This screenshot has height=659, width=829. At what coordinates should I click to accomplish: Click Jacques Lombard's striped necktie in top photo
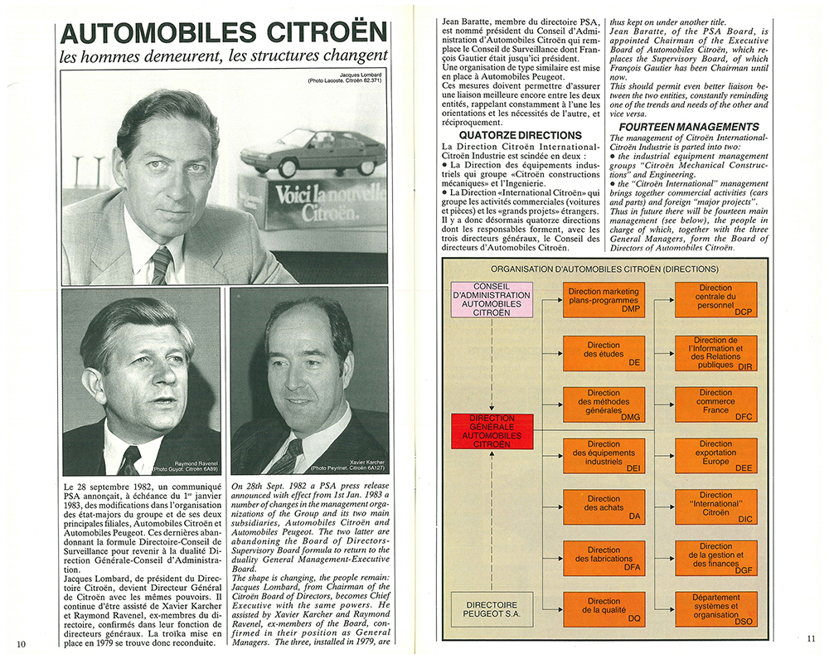pyautogui.click(x=161, y=264)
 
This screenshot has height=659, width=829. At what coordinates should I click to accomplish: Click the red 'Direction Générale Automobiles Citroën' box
pyautogui.click(x=492, y=431)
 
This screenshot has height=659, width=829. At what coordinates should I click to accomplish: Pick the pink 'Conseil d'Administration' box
pyautogui.click(x=492, y=300)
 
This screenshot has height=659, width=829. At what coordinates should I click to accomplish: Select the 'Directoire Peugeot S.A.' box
pyautogui.click(x=492, y=610)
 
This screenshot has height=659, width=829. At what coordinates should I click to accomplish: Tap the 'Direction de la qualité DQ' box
pyautogui.click(x=603, y=609)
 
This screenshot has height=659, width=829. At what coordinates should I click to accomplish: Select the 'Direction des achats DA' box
pyautogui.click(x=603, y=506)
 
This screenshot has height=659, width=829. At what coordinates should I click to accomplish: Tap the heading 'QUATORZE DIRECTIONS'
pyautogui.click(x=520, y=135)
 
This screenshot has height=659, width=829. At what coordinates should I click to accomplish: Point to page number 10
pyautogui.click(x=22, y=642)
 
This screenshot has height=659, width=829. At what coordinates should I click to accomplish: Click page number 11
pyautogui.click(x=810, y=638)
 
